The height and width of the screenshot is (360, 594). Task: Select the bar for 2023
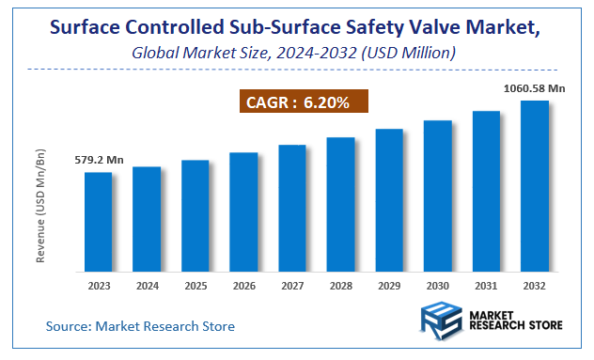[98, 222]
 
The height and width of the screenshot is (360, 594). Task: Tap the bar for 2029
[389, 200]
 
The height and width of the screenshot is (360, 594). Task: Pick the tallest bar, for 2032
[535, 186]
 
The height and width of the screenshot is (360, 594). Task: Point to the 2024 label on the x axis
[147, 285]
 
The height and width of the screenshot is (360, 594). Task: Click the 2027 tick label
[292, 285]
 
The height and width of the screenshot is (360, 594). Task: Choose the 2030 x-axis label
[438, 285]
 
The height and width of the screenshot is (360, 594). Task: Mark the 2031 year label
[486, 285]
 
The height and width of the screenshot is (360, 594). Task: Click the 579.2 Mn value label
[100, 160]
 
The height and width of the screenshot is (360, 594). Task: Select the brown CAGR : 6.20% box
[300, 102]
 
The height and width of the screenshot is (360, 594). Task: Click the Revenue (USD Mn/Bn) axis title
[40, 205]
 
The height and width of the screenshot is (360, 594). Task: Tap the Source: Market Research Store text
[141, 326]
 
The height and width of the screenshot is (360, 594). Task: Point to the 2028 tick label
[340, 285]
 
